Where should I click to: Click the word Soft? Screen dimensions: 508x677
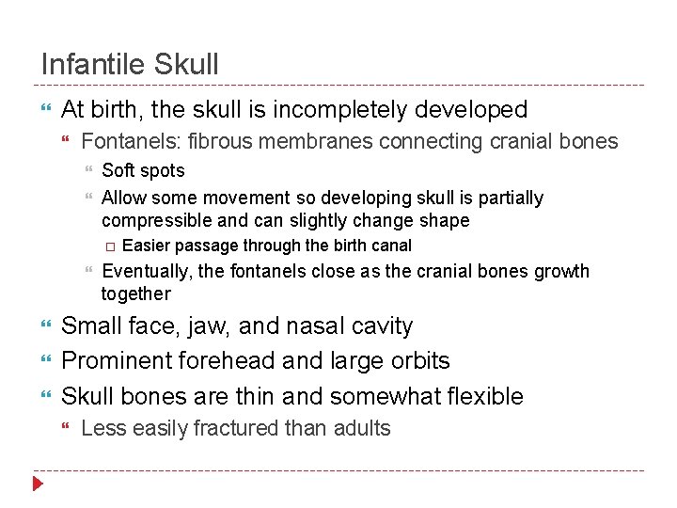pos(118,170)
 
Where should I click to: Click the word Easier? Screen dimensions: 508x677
pos(149,246)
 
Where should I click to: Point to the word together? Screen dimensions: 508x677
pos(136,294)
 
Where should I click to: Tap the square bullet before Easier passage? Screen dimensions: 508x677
pos(110,246)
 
